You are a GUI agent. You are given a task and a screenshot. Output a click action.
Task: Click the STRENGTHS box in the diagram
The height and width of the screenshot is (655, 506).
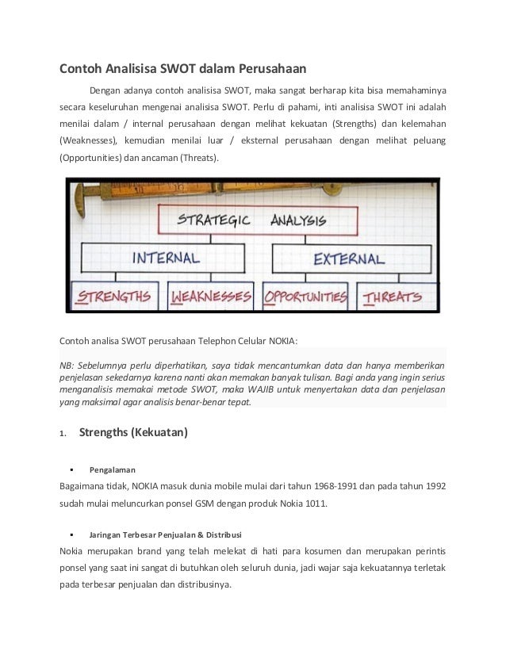pyautogui.click(x=114, y=297)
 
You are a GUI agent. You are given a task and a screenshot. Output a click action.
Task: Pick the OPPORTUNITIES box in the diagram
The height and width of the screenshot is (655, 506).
pyautogui.click(x=306, y=297)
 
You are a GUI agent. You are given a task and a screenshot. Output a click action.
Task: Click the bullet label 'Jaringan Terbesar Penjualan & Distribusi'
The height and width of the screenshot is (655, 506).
pyautogui.click(x=167, y=531)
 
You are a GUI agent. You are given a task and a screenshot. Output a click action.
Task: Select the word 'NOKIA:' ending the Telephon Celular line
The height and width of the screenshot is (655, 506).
pyautogui.click(x=283, y=341)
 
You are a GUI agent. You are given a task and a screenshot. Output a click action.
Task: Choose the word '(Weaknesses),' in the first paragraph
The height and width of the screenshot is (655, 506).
pyautogui.click(x=89, y=141)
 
